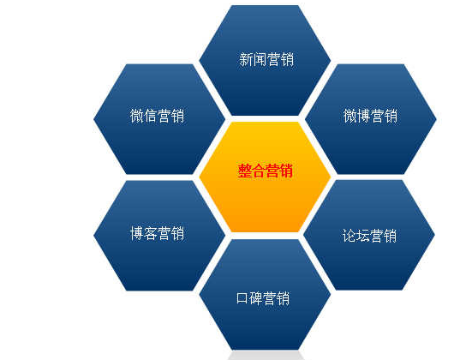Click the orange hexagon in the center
[265, 177]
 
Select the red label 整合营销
[266, 171]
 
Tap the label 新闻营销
[266, 59]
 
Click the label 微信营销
[157, 116]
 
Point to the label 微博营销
[370, 116]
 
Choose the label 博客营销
[158, 233]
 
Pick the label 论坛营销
[369, 235]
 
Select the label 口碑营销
[263, 298]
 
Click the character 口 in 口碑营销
[242, 298]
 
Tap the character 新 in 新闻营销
[246, 59]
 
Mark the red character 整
[245, 171]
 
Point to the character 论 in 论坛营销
[349, 235]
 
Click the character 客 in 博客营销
[150, 233]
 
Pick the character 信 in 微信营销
[150, 116]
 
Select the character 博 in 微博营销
[363, 116]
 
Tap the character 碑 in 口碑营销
[255, 298]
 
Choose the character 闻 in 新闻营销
[260, 59]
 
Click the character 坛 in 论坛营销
[362, 235]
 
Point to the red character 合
[259, 171]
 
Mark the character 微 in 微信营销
[136, 116]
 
